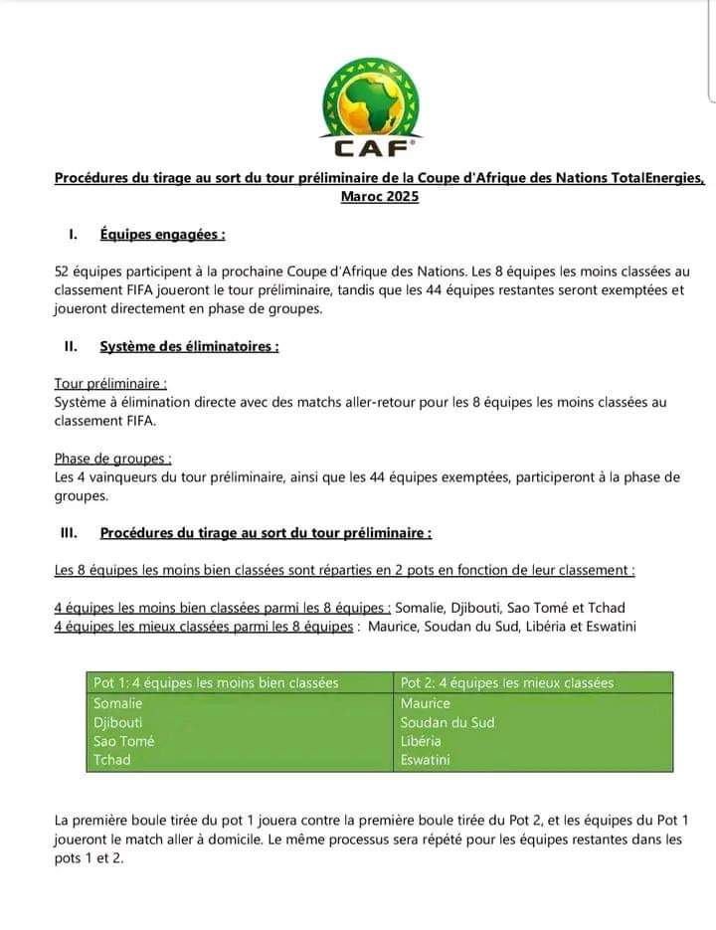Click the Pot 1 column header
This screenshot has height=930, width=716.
tap(216, 683)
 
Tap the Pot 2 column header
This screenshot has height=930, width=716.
tap(507, 683)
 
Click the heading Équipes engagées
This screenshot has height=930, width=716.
tap(162, 235)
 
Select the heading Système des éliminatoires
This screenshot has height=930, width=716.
tap(189, 346)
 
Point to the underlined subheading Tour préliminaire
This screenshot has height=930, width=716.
tap(110, 383)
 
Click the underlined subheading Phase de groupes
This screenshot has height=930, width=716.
tap(113, 459)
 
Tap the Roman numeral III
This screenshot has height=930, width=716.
tap(69, 533)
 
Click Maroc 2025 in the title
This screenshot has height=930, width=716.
tap(379, 197)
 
